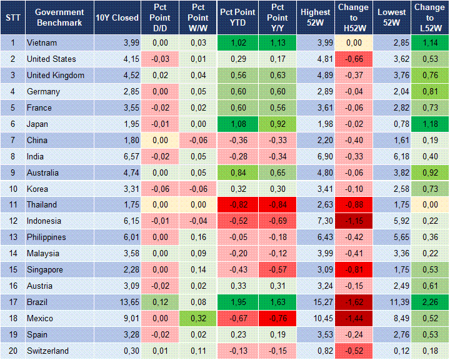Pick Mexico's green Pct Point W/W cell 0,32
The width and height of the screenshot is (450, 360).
point(197,318)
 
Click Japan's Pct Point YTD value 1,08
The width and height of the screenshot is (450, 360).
point(237,124)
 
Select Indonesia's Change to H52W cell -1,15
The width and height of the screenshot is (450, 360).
point(353,221)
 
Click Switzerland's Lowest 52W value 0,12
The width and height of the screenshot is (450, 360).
point(392,351)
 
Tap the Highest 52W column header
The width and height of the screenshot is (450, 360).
point(315,17)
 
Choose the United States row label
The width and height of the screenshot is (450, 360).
point(51,59)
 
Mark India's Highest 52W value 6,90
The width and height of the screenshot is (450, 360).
point(315,156)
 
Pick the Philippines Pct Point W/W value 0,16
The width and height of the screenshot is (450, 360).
point(197,237)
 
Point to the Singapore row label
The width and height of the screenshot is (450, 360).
point(44,269)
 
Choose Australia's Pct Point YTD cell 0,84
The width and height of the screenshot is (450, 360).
point(237,172)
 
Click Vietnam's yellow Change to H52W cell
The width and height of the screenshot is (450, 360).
point(353,43)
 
